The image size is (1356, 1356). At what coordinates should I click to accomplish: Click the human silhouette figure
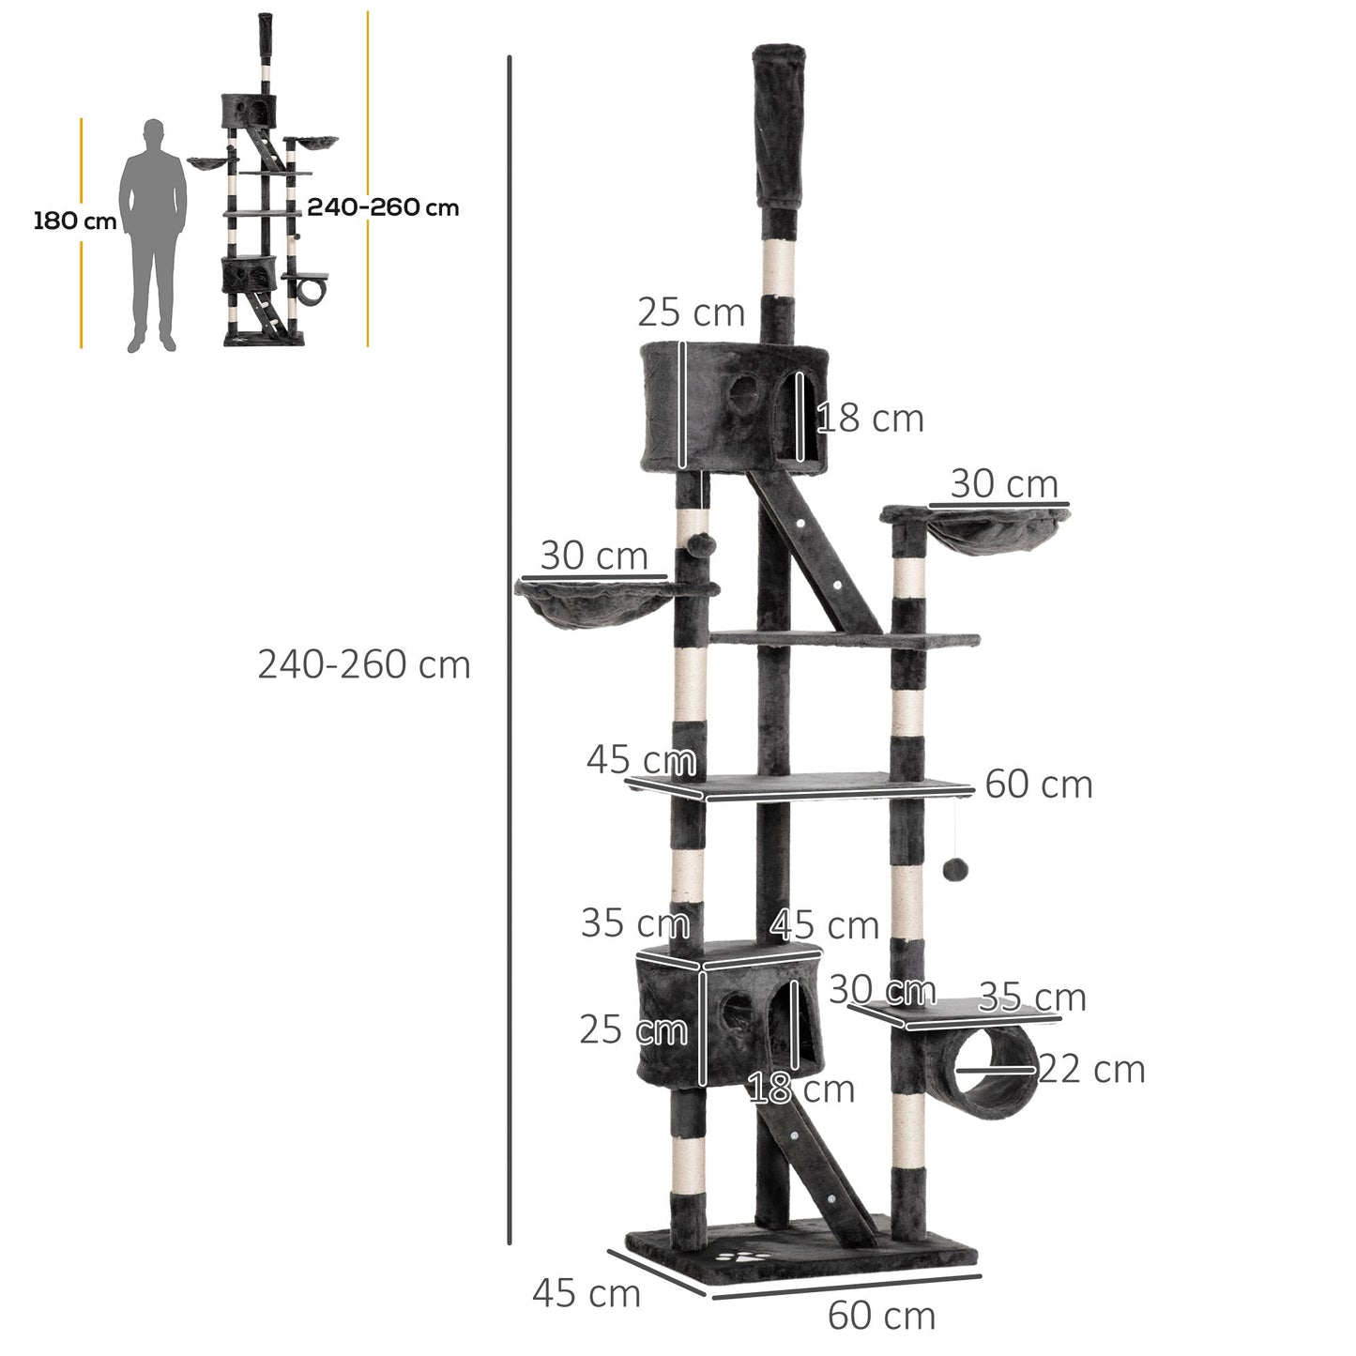pyautogui.click(x=154, y=235)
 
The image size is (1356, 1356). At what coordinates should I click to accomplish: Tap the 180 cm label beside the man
pyautogui.click(x=75, y=221)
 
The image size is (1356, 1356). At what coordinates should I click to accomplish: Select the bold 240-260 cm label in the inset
pyautogui.click(x=383, y=207)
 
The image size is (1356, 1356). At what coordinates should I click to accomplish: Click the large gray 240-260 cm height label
pyautogui.click(x=364, y=664)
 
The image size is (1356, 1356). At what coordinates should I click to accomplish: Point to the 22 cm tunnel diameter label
pyautogui.click(x=1091, y=1070)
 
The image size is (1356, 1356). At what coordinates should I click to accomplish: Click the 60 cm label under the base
pyautogui.click(x=881, y=1316)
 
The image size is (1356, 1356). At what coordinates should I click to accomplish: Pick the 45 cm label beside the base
pyautogui.click(x=587, y=1293)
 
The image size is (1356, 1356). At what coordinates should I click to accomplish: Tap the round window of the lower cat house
pyautogui.click(x=737, y=1011)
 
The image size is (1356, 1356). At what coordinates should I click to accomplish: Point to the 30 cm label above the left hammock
pyautogui.click(x=594, y=556)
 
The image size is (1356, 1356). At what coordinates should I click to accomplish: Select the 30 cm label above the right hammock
pyautogui.click(x=1004, y=484)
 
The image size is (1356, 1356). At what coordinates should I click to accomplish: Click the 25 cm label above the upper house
pyautogui.click(x=691, y=312)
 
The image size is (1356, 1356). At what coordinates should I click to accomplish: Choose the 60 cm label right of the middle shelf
pyautogui.click(x=1039, y=785)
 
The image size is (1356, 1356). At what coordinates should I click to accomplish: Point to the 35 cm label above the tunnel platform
pyautogui.click(x=1032, y=998)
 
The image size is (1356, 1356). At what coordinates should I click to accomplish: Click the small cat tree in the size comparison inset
pyautogui.click(x=263, y=188)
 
